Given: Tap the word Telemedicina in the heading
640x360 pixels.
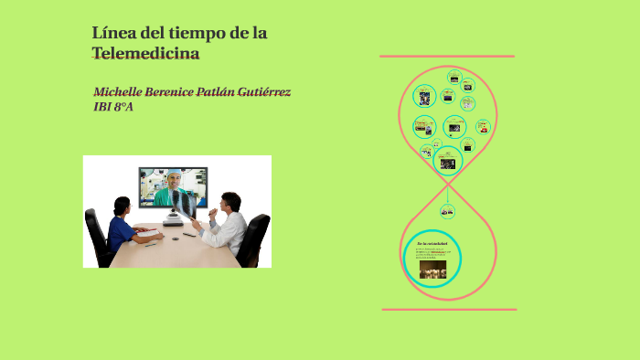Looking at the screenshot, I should (x=145, y=54).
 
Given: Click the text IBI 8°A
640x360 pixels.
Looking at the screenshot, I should (x=113, y=107).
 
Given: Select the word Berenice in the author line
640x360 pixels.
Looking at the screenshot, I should (x=180, y=92).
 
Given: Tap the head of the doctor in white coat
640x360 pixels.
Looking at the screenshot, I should (x=231, y=202).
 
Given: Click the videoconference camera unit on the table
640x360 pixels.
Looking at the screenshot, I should (x=173, y=220).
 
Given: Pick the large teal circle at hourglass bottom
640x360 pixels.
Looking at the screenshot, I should (x=432, y=258).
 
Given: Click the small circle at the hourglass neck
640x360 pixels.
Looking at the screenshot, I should (x=447, y=212).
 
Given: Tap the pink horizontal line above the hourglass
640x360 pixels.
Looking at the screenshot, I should (x=446, y=57).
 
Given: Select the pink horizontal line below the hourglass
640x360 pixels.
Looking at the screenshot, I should (x=448, y=310).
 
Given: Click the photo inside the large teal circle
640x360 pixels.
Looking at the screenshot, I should (x=432, y=270).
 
